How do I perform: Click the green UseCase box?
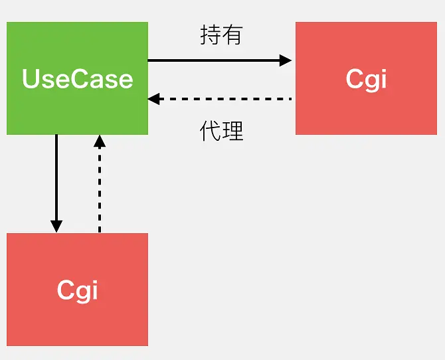point(77,78)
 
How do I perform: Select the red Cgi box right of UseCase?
point(366,78)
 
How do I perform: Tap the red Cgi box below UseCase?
point(77,289)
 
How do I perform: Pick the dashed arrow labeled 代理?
point(219,99)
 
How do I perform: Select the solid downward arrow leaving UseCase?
point(56,179)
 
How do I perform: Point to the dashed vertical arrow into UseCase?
point(99,186)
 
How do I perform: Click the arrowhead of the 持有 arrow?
point(286,60)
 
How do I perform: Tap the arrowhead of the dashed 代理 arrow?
point(154,99)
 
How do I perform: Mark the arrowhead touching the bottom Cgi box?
point(56,226)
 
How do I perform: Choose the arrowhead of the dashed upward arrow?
point(99,141)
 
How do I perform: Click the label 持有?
point(221,35)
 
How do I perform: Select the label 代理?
point(221,131)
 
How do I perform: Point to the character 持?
point(211,35)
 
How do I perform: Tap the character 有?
point(232,35)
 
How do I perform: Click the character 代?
point(211,131)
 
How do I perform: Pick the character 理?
point(232,131)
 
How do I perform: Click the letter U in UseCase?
point(31,78)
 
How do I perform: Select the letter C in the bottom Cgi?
point(66,290)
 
